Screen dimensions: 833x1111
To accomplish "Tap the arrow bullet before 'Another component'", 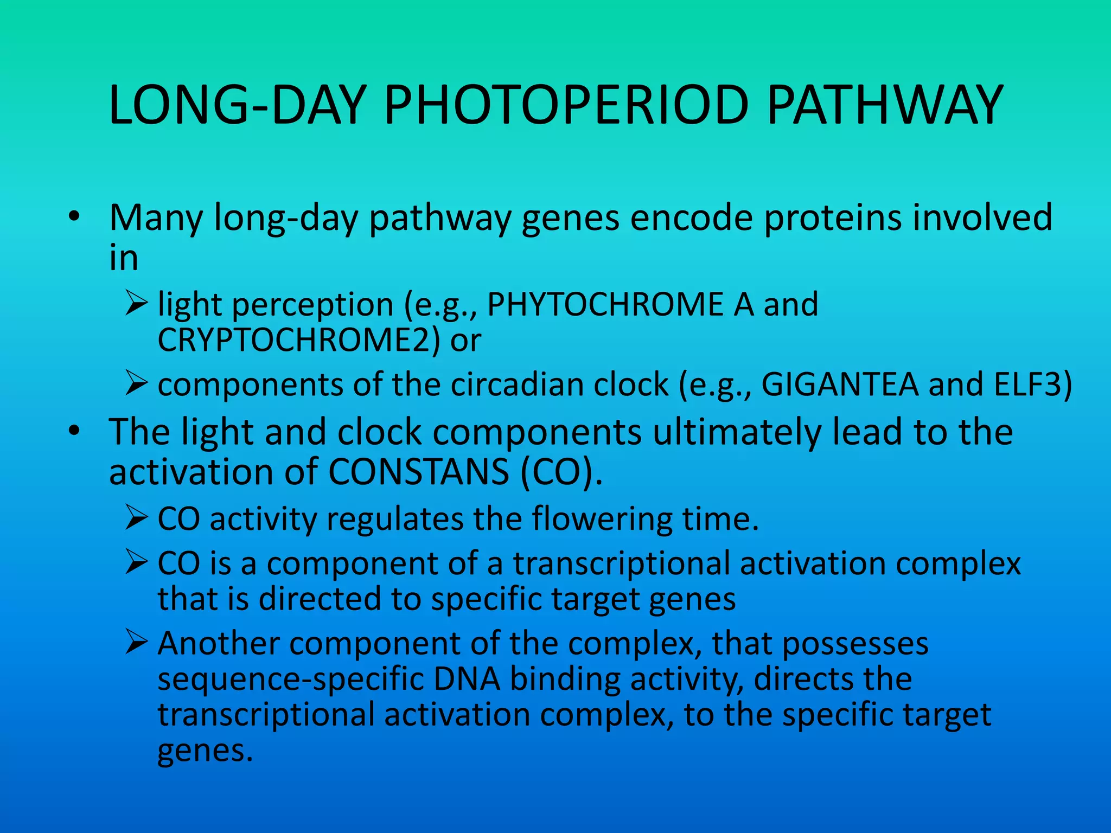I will [136, 642].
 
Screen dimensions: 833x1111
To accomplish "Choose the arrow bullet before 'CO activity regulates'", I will [136, 518].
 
